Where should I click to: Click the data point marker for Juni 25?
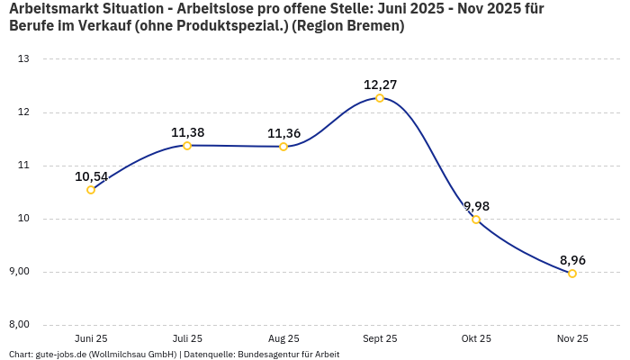click(x=91, y=190)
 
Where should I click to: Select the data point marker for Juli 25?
click(x=187, y=146)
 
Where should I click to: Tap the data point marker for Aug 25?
click(x=283, y=147)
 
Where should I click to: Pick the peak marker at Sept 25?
click(x=380, y=98)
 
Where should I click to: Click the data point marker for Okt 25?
click(x=476, y=220)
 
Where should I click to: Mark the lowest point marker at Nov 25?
click(x=572, y=274)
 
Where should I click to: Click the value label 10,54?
click(x=91, y=176)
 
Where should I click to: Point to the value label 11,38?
click(x=187, y=132)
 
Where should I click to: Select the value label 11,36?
click(x=283, y=133)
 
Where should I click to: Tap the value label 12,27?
click(x=380, y=85)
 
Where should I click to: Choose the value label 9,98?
click(x=476, y=206)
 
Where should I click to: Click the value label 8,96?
click(x=572, y=260)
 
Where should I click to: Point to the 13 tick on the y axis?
click(x=24, y=59)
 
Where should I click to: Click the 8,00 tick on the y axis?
click(x=19, y=325)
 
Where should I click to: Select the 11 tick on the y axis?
click(x=24, y=166)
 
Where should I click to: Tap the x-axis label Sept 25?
click(x=380, y=338)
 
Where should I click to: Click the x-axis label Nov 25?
click(x=572, y=338)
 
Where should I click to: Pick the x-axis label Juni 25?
click(x=91, y=338)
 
